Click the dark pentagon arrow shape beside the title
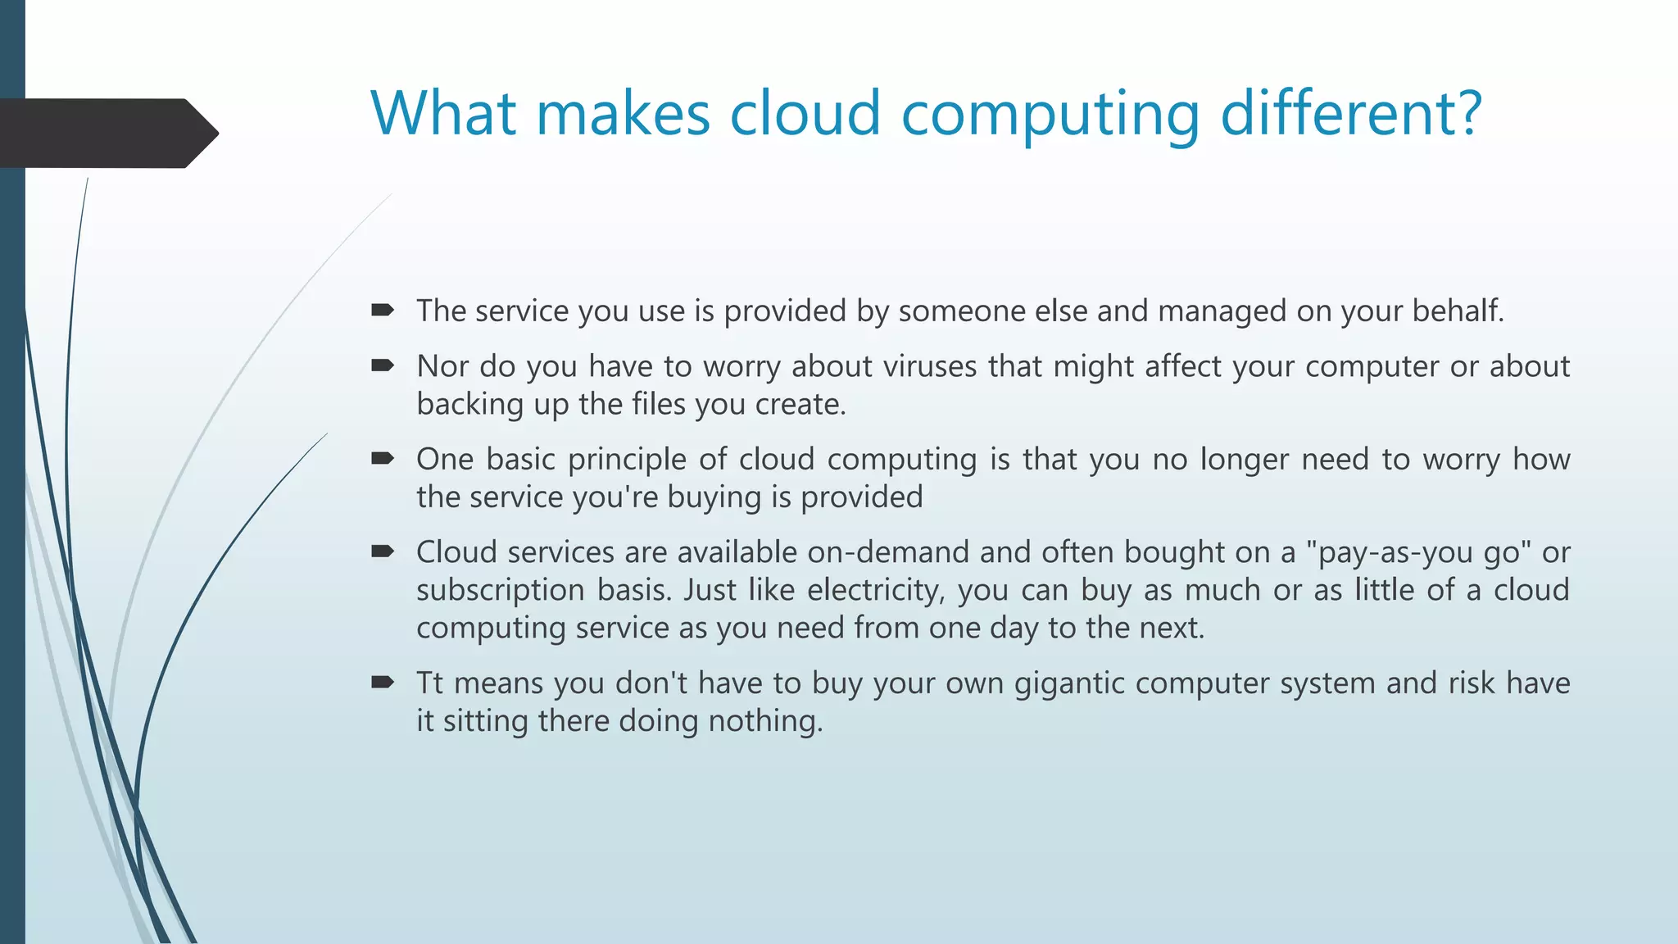[x=107, y=133]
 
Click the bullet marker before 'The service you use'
[x=383, y=310]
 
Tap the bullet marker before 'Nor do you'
[x=383, y=365]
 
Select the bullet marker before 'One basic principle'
[x=383, y=458]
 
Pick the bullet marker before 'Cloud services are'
[x=383, y=551]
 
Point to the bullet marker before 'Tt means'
[x=383, y=682]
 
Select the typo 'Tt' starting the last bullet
[x=429, y=683]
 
